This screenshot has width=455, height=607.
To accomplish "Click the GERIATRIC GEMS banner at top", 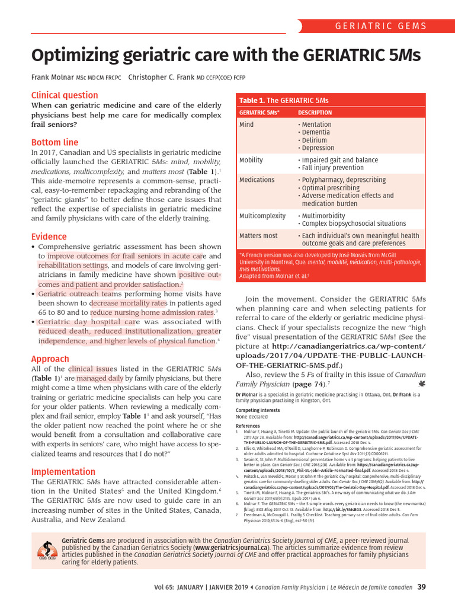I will [380, 26].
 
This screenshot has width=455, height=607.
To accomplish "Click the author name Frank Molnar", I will [52, 78].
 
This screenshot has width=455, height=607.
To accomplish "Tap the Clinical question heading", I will [65, 95].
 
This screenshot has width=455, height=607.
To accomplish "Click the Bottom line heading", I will [55, 142].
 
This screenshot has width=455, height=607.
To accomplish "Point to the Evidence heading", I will [49, 236].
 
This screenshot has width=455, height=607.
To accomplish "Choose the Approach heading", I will [50, 359].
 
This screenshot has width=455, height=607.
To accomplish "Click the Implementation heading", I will [63, 472].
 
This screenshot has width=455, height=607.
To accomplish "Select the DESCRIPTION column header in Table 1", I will [315, 112].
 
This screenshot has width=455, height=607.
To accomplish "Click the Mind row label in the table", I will [246, 125].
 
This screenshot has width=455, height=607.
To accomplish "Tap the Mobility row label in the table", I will [251, 160].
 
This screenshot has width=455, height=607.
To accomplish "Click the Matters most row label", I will [258, 235].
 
